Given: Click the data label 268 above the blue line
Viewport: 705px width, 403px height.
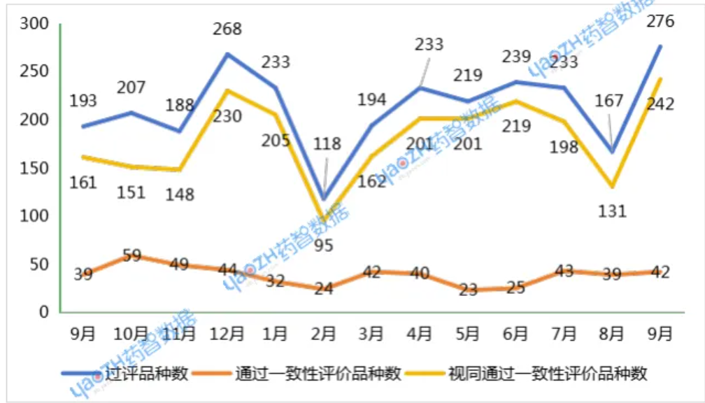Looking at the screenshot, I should coord(228,29).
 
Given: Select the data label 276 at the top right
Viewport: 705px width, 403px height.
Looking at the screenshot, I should coord(660,21).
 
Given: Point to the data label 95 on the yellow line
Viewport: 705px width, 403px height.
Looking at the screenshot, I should coord(324,246).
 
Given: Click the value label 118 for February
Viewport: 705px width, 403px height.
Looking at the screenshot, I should coord(327,144).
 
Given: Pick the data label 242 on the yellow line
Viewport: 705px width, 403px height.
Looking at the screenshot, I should coord(660,104).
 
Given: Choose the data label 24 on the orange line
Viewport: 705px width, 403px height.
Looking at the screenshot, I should coord(324,288).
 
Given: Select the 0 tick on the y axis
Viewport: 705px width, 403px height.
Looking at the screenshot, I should coord(43,312).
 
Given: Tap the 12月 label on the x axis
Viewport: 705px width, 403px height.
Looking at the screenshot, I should coord(228,334).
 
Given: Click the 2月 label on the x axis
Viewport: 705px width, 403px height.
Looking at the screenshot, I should coord(324,334).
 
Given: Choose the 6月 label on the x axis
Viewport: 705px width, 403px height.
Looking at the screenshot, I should coord(515,334).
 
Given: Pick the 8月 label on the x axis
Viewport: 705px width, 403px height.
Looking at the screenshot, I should coord(612,334).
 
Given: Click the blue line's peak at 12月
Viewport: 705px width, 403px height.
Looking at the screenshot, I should coord(228,54).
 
